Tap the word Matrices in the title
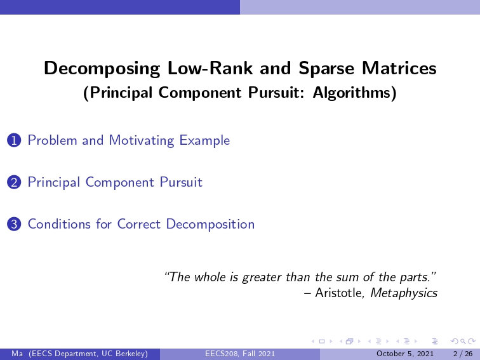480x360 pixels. (x=399, y=68)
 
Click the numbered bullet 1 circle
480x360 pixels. (x=14, y=141)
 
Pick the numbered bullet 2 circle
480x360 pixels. (x=14, y=183)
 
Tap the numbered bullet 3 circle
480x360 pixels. (x=14, y=224)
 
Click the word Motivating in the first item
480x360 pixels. (x=142, y=141)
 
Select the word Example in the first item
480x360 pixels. (x=204, y=141)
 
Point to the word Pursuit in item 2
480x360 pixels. (x=181, y=182)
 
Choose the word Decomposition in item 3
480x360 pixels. (x=210, y=224)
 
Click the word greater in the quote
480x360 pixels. (x=262, y=277)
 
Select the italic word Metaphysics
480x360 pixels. (x=404, y=293)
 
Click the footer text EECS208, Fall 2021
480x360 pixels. (x=240, y=354)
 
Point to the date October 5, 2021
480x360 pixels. (x=404, y=354)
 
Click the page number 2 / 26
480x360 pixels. (x=463, y=354)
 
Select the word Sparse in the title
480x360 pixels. (x=326, y=69)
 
